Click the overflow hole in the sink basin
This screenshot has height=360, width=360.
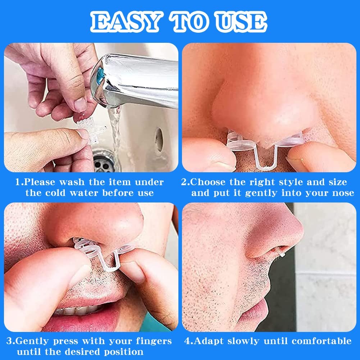(159, 140)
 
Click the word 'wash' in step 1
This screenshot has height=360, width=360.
(72, 182)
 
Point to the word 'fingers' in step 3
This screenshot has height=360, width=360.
(154, 341)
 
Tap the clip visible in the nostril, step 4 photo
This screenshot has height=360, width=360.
(281, 253)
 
